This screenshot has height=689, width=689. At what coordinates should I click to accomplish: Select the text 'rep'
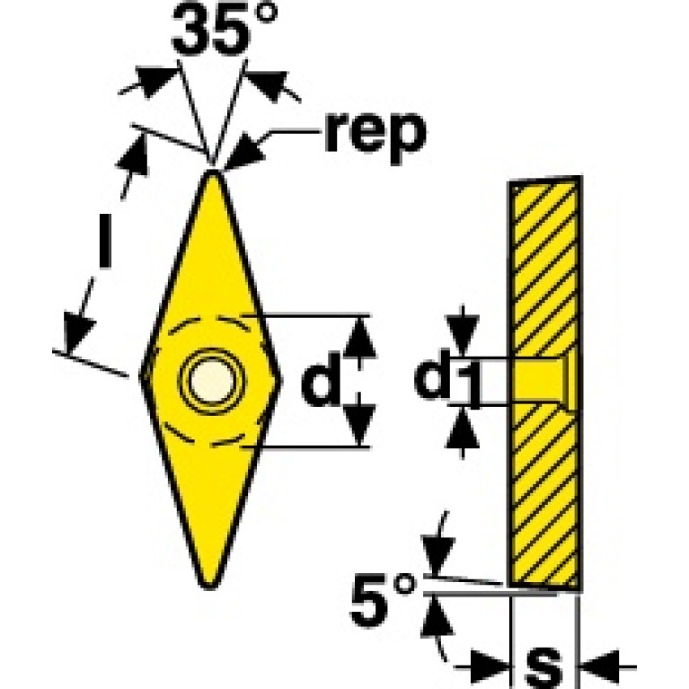pos(372,133)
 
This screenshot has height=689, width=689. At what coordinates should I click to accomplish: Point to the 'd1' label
pos(446,382)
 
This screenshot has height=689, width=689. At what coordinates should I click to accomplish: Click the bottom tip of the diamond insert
pos(210,586)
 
